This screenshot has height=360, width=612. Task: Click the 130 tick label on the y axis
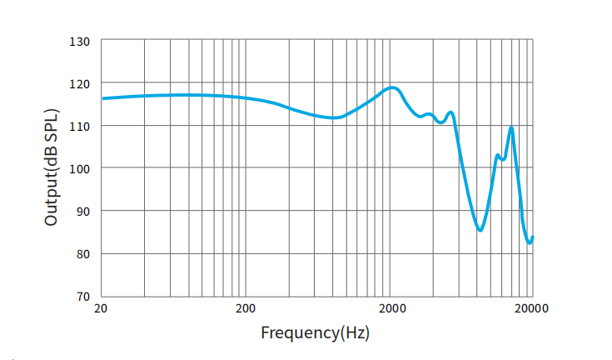[x=80, y=41]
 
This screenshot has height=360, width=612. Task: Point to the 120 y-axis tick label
[x=80, y=83]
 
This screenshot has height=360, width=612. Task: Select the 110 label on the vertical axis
[x=80, y=126]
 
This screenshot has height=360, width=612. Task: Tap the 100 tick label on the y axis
[x=80, y=168]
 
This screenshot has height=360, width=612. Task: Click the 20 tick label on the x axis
[x=102, y=309]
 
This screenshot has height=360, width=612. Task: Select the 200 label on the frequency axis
[x=245, y=309]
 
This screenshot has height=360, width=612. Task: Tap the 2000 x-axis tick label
[x=391, y=309]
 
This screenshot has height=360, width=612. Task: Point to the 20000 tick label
[x=530, y=309]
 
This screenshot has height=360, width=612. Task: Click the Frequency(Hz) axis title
[x=315, y=333]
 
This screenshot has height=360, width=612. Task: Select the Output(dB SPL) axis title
[x=52, y=167]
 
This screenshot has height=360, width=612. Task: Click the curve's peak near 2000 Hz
[x=392, y=87]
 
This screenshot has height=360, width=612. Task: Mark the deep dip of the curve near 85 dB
[x=480, y=230]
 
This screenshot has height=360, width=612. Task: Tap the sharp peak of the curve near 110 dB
[x=511, y=127]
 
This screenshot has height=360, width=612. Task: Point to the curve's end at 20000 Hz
[x=532, y=237]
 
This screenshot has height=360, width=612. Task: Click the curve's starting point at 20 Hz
[x=102, y=98]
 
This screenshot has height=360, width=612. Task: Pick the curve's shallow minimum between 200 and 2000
[x=333, y=117]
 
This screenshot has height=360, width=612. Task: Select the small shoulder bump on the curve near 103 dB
[x=498, y=156]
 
